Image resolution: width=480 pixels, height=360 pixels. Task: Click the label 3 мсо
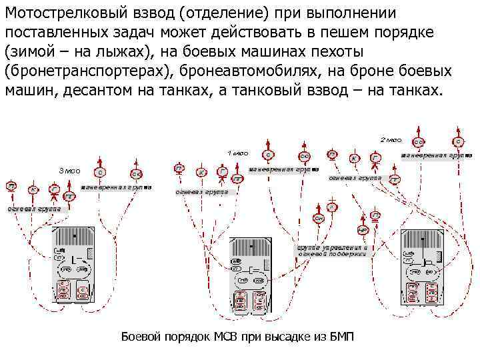click(69, 171)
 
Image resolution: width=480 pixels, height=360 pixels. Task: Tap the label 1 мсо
click(239, 153)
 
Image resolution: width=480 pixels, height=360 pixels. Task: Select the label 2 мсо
click(391, 140)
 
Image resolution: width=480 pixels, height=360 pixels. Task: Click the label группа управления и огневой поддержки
click(331, 251)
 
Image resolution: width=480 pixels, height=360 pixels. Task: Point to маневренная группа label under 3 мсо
click(116, 187)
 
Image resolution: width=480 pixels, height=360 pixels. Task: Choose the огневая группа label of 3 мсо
click(35, 209)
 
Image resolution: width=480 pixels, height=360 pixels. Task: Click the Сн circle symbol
click(319, 219)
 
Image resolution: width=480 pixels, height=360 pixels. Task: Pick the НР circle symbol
click(363, 229)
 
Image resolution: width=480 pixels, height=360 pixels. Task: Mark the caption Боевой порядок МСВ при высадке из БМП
click(237, 337)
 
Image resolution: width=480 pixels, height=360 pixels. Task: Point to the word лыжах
click(118, 51)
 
